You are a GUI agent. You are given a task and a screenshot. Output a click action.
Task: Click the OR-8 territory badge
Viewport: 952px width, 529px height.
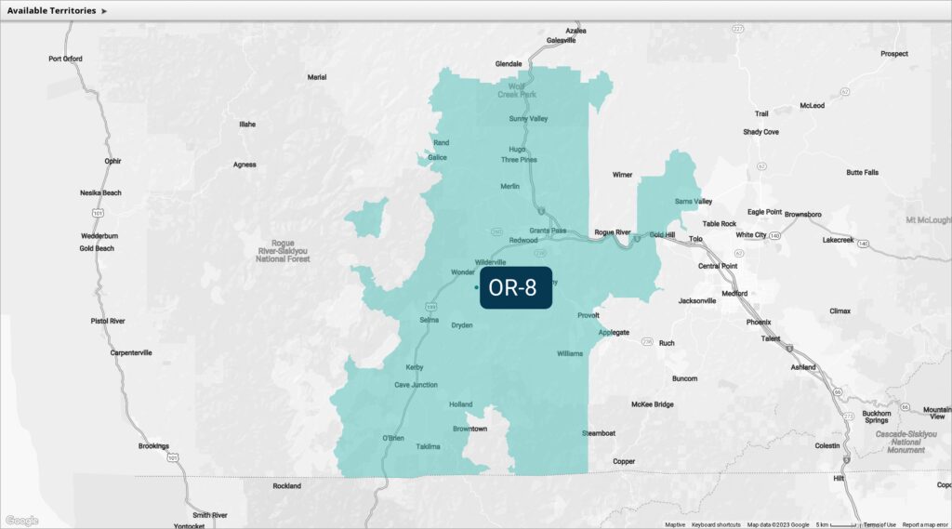pyautogui.click(x=516, y=288)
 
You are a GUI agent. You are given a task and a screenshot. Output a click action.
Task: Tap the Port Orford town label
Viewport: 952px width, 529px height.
pyautogui.click(x=65, y=59)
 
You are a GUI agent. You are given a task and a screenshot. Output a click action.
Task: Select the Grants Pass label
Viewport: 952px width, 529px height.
pyautogui.click(x=548, y=230)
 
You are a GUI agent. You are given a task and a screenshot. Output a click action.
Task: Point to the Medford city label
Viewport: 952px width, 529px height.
pyautogui.click(x=734, y=293)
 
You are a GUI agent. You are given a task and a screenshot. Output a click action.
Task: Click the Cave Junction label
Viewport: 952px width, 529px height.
pyautogui.click(x=416, y=384)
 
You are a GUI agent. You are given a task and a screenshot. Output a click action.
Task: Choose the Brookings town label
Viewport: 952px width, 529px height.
pyautogui.click(x=153, y=446)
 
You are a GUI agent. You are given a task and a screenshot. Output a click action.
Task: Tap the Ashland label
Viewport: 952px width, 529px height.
pyautogui.click(x=802, y=367)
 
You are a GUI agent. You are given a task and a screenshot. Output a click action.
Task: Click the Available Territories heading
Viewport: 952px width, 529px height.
pyautogui.click(x=51, y=10)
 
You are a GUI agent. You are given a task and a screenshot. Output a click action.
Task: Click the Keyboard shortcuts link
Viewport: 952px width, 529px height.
pyautogui.click(x=716, y=524)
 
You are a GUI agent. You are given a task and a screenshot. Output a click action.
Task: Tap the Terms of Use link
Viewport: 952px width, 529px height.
pyautogui.click(x=879, y=524)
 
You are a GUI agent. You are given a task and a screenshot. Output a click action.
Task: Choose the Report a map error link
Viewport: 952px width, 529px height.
pyautogui.click(x=925, y=524)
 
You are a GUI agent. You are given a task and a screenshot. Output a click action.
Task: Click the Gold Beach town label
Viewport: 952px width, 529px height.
pyautogui.click(x=97, y=248)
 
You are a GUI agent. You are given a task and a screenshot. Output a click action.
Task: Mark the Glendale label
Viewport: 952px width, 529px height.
pyautogui.click(x=509, y=64)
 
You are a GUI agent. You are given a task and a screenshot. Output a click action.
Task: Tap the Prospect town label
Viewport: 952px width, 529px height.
pyautogui.click(x=894, y=53)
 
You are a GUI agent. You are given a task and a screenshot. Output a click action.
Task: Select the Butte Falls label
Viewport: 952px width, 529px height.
pyautogui.click(x=862, y=172)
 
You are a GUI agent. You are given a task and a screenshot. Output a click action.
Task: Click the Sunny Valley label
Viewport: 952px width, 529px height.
pyautogui.click(x=528, y=118)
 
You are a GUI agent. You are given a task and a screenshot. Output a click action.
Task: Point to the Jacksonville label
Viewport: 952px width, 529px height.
pyautogui.click(x=697, y=300)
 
